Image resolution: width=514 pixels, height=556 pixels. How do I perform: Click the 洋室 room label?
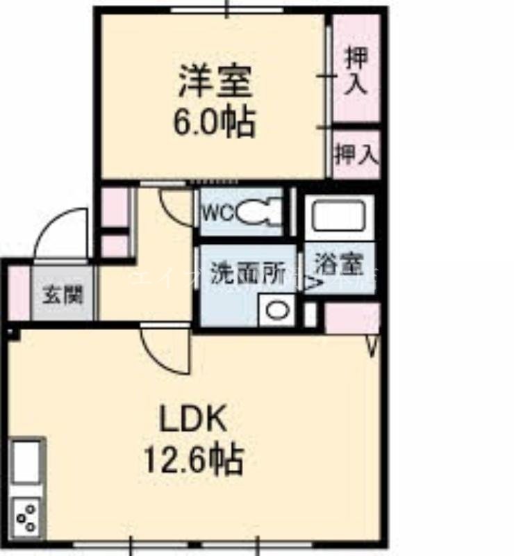(214, 82)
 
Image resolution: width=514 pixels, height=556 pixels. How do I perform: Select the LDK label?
(192, 420)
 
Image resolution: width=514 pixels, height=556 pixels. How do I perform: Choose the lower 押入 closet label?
(356, 154)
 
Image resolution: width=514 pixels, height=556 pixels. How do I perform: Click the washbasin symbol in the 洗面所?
(276, 310)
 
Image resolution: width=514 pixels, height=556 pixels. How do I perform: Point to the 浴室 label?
(338, 265)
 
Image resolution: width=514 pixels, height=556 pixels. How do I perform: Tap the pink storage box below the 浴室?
(352, 318)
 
